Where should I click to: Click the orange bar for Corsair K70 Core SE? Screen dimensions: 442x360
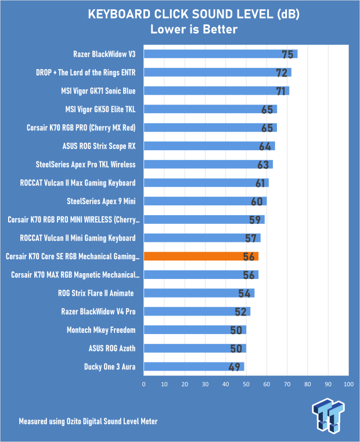coord(201,256)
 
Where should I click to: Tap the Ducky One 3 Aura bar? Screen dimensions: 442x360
coord(193,367)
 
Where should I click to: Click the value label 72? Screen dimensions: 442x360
coord(282,73)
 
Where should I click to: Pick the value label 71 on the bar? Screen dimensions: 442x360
coord(280,91)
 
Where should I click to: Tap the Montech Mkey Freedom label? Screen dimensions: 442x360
coord(102,330)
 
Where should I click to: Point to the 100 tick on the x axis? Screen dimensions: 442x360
coord(348,384)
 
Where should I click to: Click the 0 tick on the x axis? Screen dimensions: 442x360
coord(143,384)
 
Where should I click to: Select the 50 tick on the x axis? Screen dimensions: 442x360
coord(246,384)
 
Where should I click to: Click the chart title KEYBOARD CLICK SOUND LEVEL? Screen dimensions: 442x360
coord(180,14)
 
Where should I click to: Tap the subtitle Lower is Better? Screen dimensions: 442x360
coord(180,29)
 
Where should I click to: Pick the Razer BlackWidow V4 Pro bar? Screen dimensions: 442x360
coord(197,311)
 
